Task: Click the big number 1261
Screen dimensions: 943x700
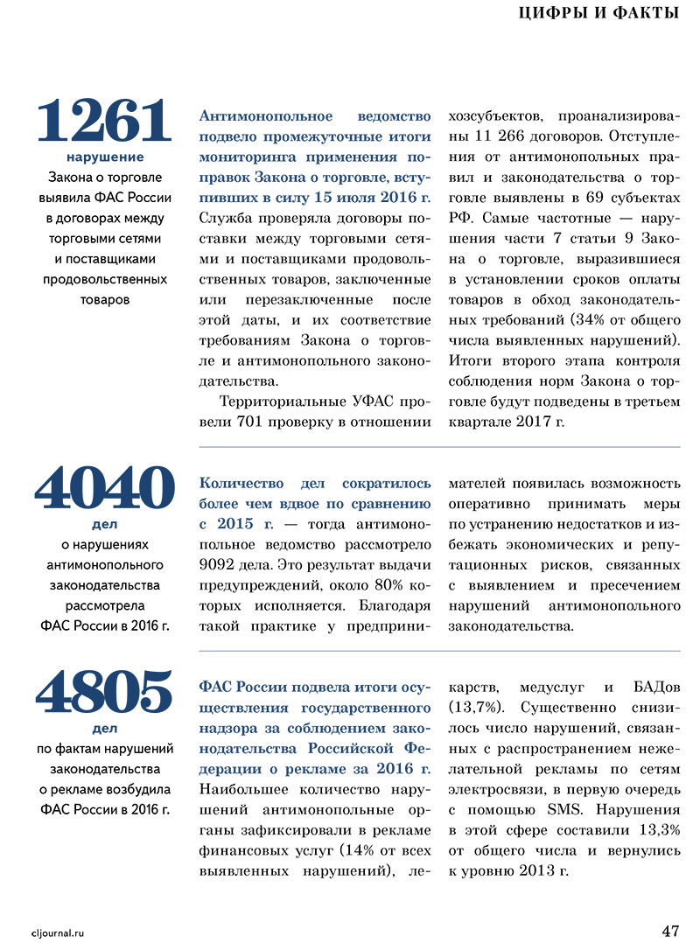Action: pyautogui.click(x=104, y=121)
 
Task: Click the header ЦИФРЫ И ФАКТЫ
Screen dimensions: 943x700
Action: pyautogui.click(x=599, y=12)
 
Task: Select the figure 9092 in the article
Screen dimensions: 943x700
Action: pyautogui.click(x=220, y=563)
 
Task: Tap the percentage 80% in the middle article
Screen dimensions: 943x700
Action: pyautogui.click(x=379, y=583)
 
